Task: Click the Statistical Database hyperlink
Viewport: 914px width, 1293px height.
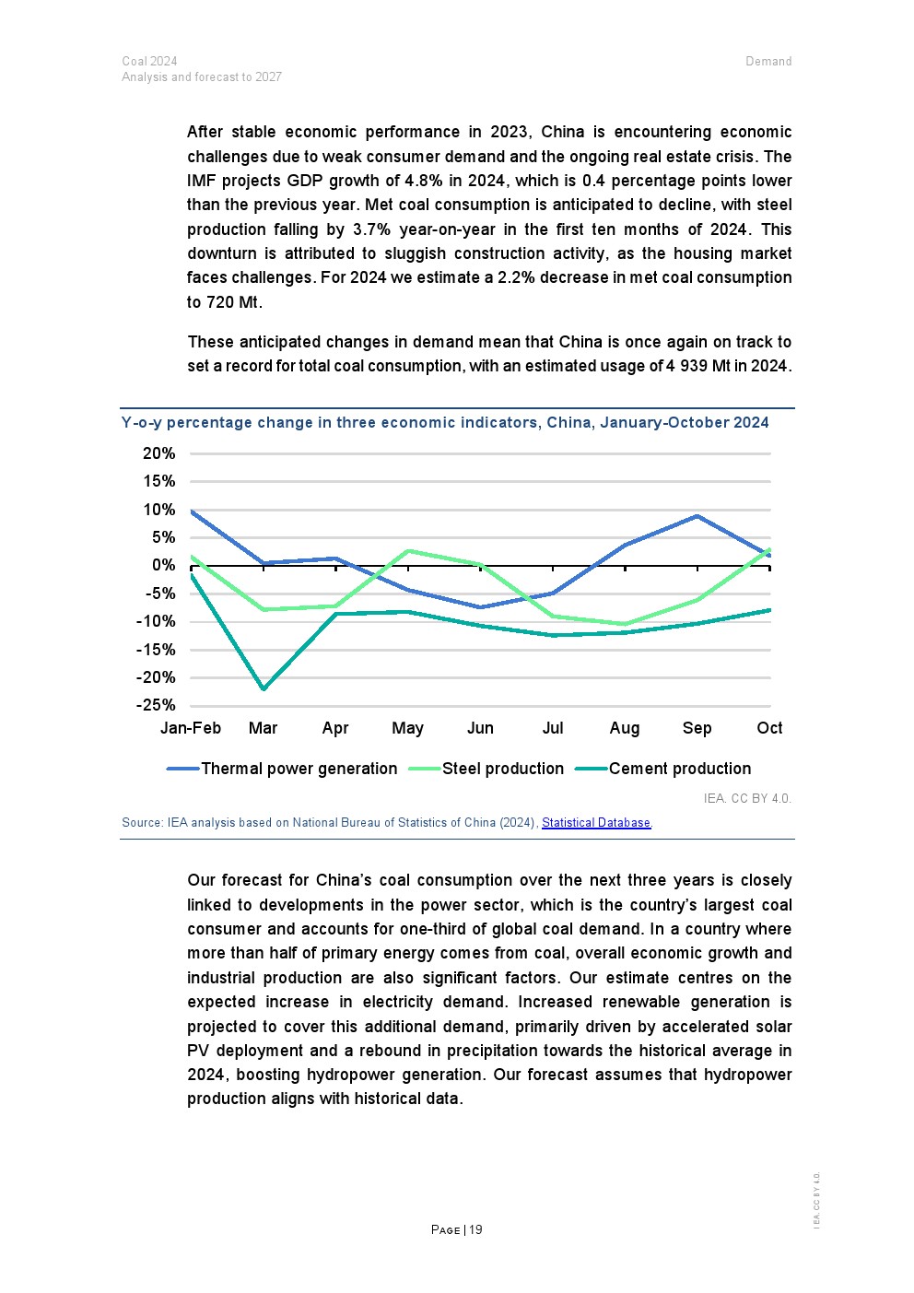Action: (596, 823)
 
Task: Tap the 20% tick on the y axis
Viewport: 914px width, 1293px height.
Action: (158, 453)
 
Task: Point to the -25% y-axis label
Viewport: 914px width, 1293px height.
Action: (156, 706)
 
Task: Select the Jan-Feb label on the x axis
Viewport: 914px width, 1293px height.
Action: (191, 728)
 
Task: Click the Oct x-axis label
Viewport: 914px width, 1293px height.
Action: (769, 728)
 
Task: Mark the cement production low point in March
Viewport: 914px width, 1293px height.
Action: (264, 688)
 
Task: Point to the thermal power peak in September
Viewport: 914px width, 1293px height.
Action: (697, 516)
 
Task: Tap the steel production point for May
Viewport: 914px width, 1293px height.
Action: (408, 551)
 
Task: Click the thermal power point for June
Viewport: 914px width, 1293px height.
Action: (480, 607)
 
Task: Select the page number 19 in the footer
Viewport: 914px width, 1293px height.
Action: (475, 1230)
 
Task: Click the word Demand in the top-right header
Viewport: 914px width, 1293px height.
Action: (768, 62)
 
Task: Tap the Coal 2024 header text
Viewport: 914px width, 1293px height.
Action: (149, 62)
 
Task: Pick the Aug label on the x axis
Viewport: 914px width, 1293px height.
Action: (625, 728)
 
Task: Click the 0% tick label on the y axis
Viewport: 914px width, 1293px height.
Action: (163, 566)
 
